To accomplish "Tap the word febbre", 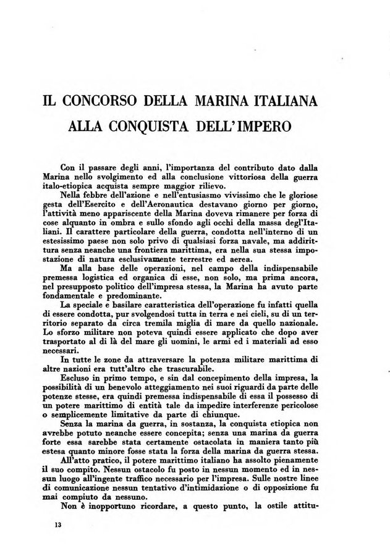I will click(103, 194).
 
